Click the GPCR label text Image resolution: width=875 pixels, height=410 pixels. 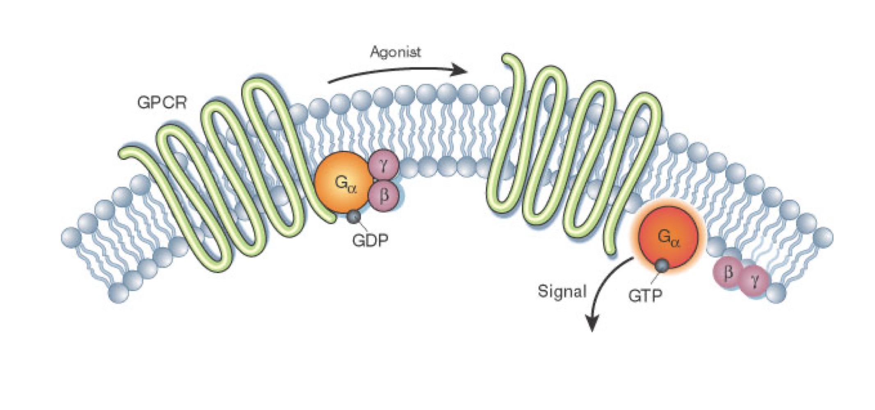click(162, 102)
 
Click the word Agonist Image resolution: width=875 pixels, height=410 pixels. click(395, 52)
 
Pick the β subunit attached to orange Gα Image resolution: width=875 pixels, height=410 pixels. click(384, 195)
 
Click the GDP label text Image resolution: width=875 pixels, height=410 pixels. click(370, 240)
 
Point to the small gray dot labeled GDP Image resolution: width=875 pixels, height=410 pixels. click(354, 216)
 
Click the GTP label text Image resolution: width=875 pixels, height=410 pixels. click(645, 295)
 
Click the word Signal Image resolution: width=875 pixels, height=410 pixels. click(562, 292)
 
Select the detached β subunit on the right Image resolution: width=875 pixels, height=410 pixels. click(729, 272)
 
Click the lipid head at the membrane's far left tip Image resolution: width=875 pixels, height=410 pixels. click(71, 237)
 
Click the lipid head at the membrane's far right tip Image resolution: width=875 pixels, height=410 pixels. click(822, 237)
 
